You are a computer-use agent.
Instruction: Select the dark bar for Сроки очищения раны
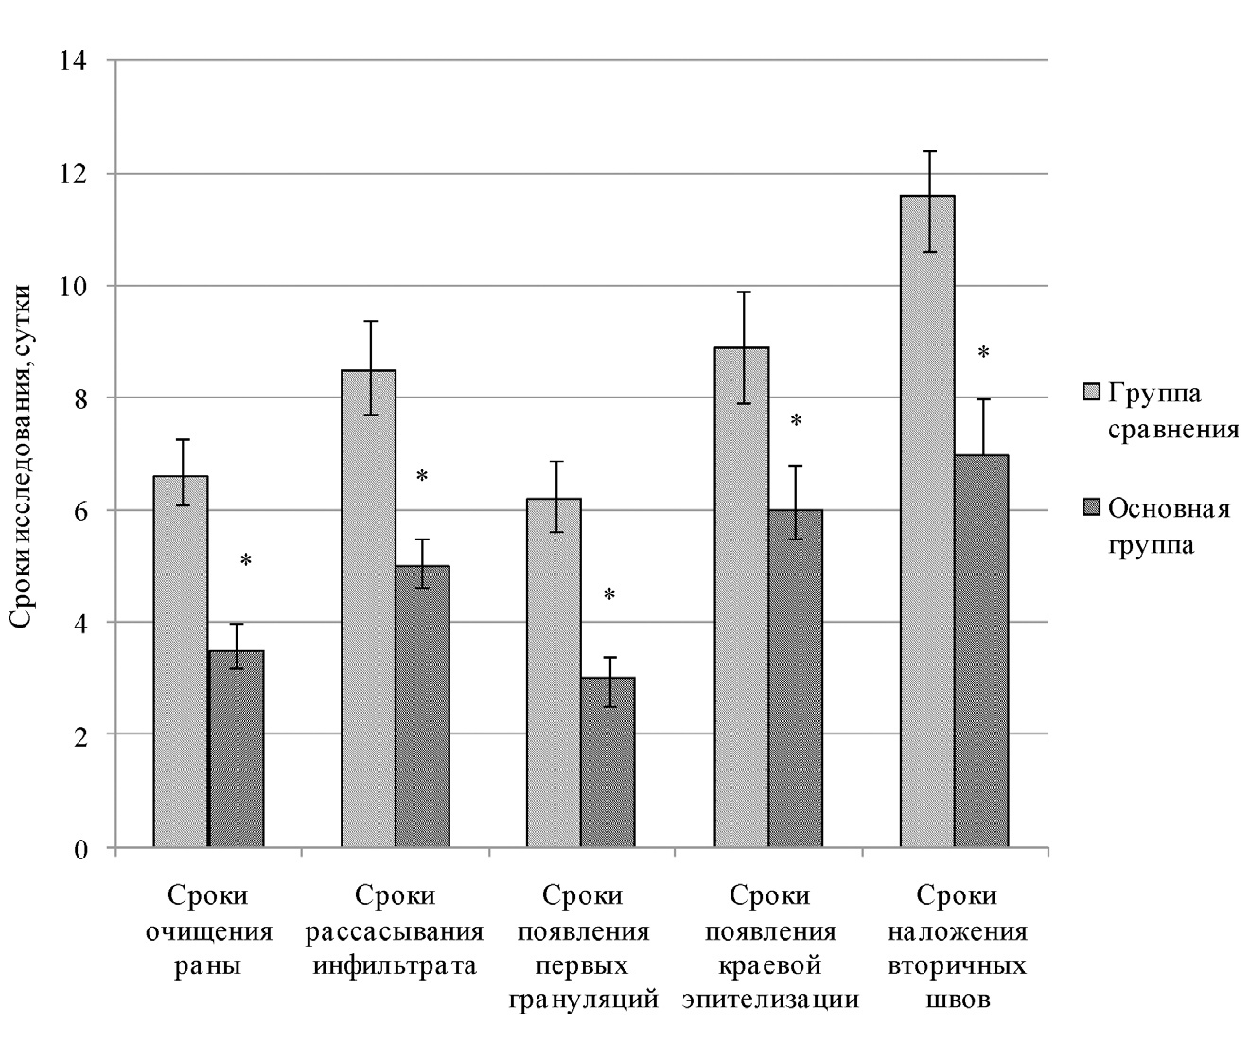click(236, 749)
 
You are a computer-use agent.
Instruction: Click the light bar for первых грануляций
click(555, 672)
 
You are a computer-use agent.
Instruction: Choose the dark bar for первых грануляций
click(608, 762)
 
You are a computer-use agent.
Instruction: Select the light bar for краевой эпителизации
click(742, 596)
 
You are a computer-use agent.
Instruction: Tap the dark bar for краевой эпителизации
click(796, 678)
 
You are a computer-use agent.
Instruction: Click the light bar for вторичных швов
click(927, 521)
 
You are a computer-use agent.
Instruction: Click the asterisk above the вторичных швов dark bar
click(983, 353)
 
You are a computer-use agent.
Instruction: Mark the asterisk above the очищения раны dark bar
click(246, 560)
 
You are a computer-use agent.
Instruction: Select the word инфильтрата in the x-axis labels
click(396, 967)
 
